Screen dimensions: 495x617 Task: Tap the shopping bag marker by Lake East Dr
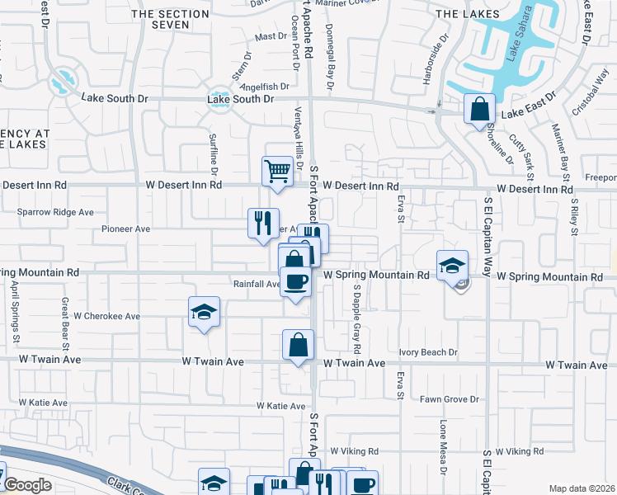(479, 108)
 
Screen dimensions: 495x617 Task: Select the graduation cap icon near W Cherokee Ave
(204, 311)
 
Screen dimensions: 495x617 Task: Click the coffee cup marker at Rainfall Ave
(296, 281)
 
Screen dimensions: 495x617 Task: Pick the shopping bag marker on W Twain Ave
(298, 344)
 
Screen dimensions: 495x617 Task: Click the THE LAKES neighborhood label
(467, 14)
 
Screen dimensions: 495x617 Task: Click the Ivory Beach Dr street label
(428, 352)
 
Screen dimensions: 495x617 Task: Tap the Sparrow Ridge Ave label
(55, 212)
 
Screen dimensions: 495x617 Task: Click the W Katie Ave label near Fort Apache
(281, 406)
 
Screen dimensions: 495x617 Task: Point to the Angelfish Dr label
(263, 86)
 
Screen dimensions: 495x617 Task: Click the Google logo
(27, 485)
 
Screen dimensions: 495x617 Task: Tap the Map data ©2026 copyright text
(582, 488)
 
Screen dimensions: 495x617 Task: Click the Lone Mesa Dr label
(443, 449)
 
